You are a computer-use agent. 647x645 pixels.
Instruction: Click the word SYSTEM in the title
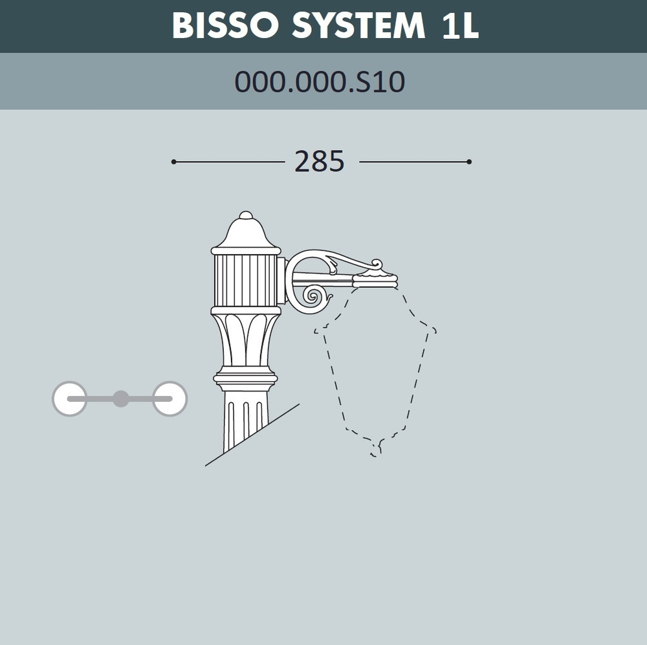pos(358,26)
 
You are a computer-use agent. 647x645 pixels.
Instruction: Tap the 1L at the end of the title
pos(460,26)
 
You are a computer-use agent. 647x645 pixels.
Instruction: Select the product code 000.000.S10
pos(320,82)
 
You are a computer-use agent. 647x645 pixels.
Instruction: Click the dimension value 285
pos(320,162)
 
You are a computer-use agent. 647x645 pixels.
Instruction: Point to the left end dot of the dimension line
pos(173,162)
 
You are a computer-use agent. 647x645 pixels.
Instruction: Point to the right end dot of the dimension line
pos(469,162)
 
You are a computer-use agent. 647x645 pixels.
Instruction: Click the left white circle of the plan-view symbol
pos(69,399)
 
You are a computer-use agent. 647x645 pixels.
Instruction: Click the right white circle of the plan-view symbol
pos(170,399)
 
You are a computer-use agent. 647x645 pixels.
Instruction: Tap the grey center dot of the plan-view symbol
pos(120,399)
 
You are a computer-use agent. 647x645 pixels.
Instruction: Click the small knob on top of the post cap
pos(246,215)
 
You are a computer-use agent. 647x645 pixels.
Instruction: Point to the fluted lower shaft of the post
pos(245,421)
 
